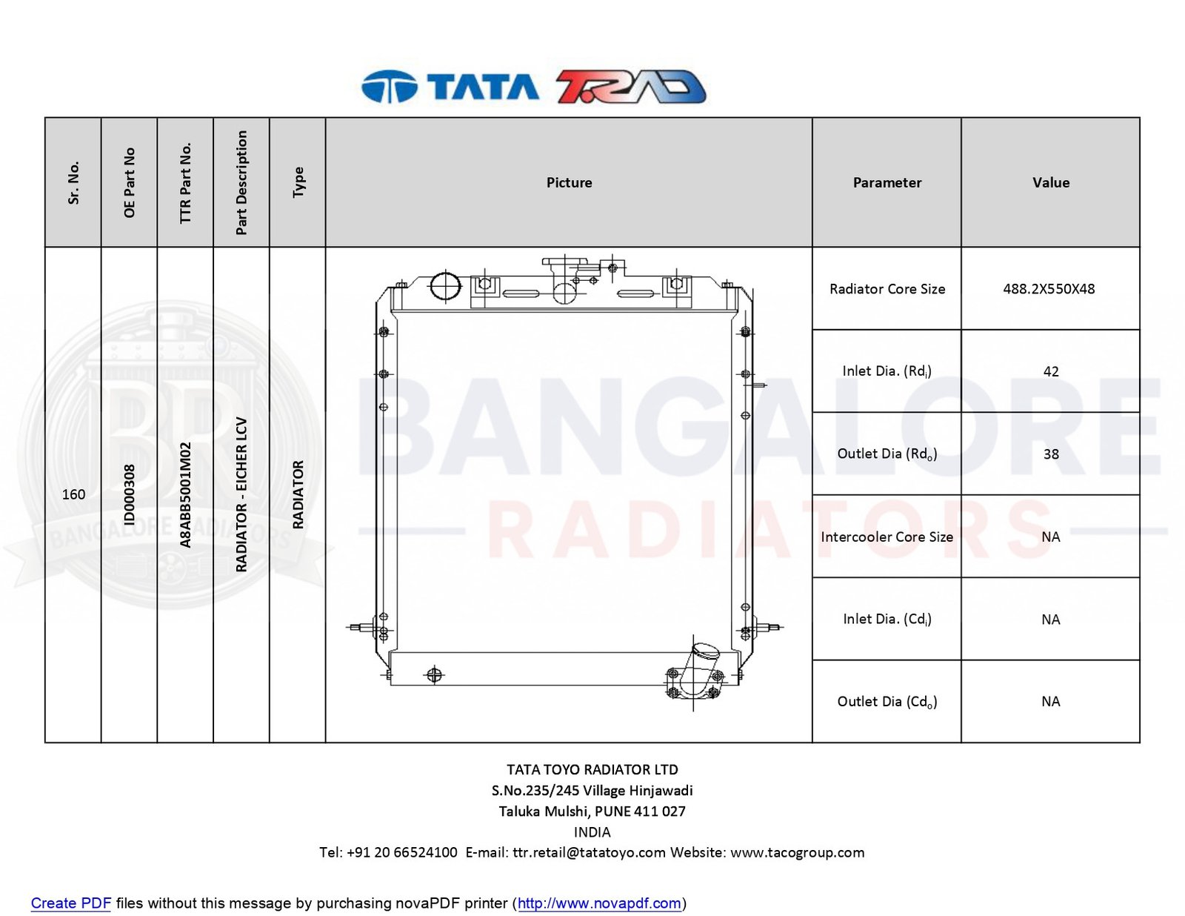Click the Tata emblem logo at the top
point(389,86)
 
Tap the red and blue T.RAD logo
point(631,86)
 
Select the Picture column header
point(569,182)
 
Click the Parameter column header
point(887,182)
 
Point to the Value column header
point(1050,182)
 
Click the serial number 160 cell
point(73,494)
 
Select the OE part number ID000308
point(130,494)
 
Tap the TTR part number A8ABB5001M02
point(185,494)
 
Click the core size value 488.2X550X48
point(1049,288)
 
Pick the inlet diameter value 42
point(1050,371)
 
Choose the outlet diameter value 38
point(1050,454)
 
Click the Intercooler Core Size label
point(887,537)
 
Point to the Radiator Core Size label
point(887,288)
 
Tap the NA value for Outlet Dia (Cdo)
point(1050,701)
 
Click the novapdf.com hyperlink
point(598,903)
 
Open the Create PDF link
point(70,903)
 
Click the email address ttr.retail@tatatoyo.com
point(588,852)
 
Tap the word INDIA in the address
point(592,832)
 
